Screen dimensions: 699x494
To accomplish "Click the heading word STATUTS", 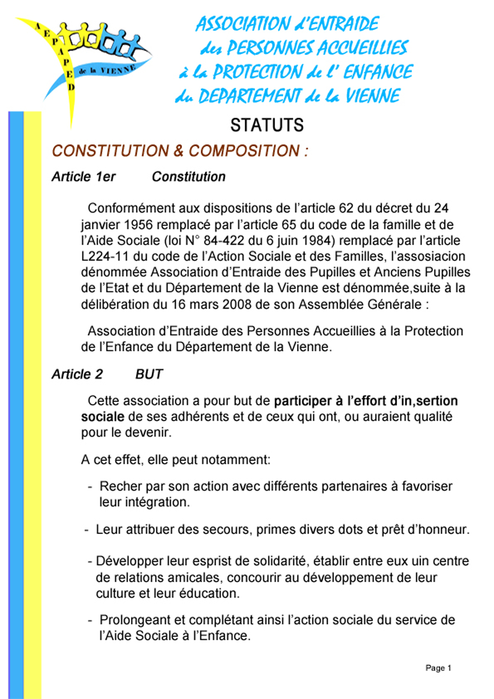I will click(x=267, y=125).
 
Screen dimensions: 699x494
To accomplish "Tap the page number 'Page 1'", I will click(x=438, y=668).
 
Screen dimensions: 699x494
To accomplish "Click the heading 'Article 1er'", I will click(x=83, y=177).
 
